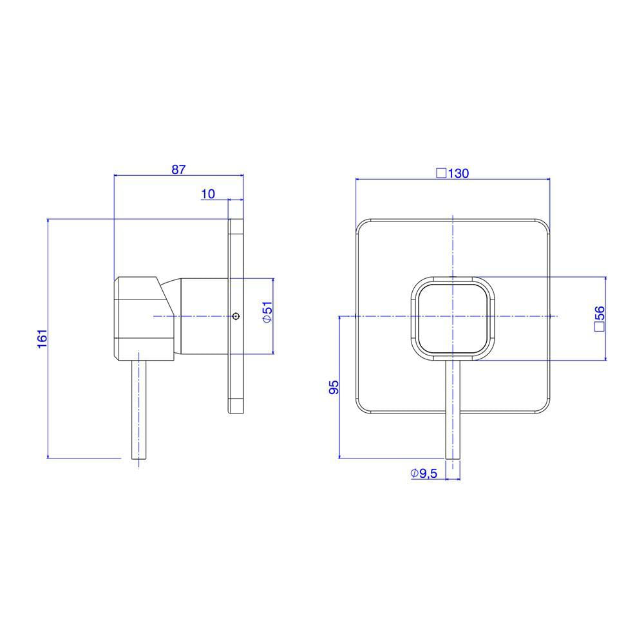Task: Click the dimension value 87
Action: point(178,169)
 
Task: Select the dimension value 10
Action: point(208,194)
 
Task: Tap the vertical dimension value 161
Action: point(43,339)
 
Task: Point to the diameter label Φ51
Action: point(267,312)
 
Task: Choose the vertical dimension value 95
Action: point(335,387)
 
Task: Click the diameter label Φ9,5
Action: point(424,473)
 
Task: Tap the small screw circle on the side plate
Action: point(235,316)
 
